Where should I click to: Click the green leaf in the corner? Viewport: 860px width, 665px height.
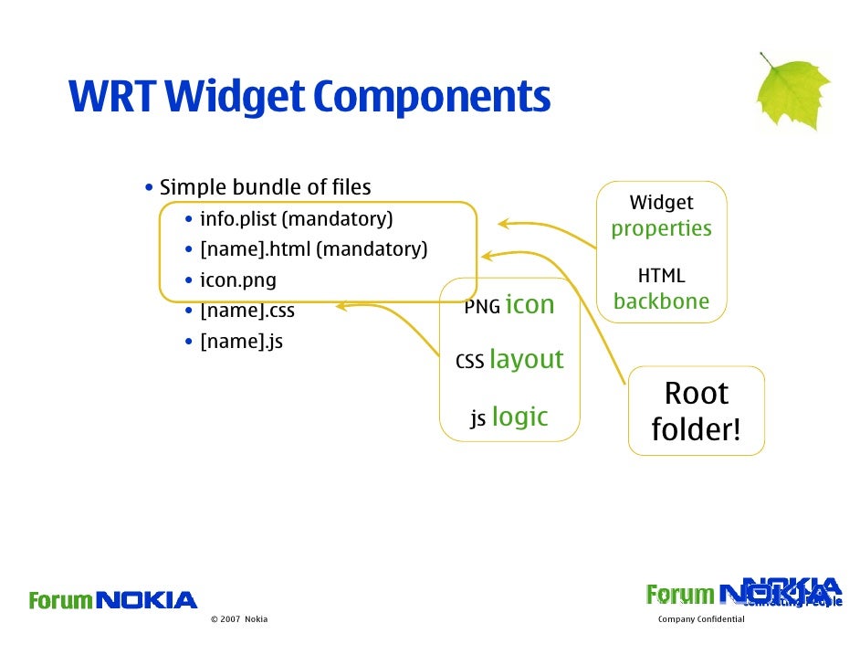(792, 92)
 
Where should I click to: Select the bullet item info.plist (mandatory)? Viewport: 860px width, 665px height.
(296, 219)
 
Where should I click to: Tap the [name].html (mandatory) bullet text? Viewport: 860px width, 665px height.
(313, 248)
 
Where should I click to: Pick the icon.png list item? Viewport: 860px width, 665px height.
(237, 280)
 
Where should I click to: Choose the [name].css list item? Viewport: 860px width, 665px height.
(246, 311)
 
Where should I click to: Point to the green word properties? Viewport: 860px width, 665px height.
(661, 228)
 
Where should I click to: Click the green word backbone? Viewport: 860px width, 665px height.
(661, 301)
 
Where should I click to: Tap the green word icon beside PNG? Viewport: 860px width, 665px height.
(530, 305)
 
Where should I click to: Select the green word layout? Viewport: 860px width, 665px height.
(526, 360)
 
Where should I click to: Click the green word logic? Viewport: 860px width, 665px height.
(519, 417)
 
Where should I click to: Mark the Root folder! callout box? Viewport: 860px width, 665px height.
(697, 411)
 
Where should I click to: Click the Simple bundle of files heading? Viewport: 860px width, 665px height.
(265, 188)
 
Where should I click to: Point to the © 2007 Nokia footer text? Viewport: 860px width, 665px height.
(238, 619)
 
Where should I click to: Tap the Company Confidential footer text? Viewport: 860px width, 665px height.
(701, 619)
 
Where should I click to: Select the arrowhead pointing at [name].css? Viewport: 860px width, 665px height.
(341, 307)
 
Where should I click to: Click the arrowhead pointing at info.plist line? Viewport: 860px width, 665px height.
(503, 223)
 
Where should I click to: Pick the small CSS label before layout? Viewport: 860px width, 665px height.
(469, 363)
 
